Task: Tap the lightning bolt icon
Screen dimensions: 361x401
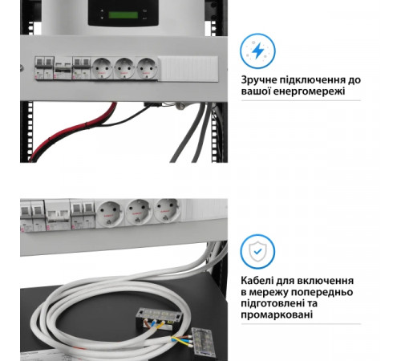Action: tap(257, 51)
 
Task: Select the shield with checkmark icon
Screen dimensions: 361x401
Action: tap(257, 251)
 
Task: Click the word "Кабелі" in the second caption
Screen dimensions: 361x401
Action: tap(261, 280)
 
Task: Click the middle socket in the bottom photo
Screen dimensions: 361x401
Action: tap(137, 213)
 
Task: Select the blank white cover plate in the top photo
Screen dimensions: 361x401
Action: tap(185, 68)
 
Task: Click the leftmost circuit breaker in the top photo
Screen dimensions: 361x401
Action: tap(37, 67)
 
